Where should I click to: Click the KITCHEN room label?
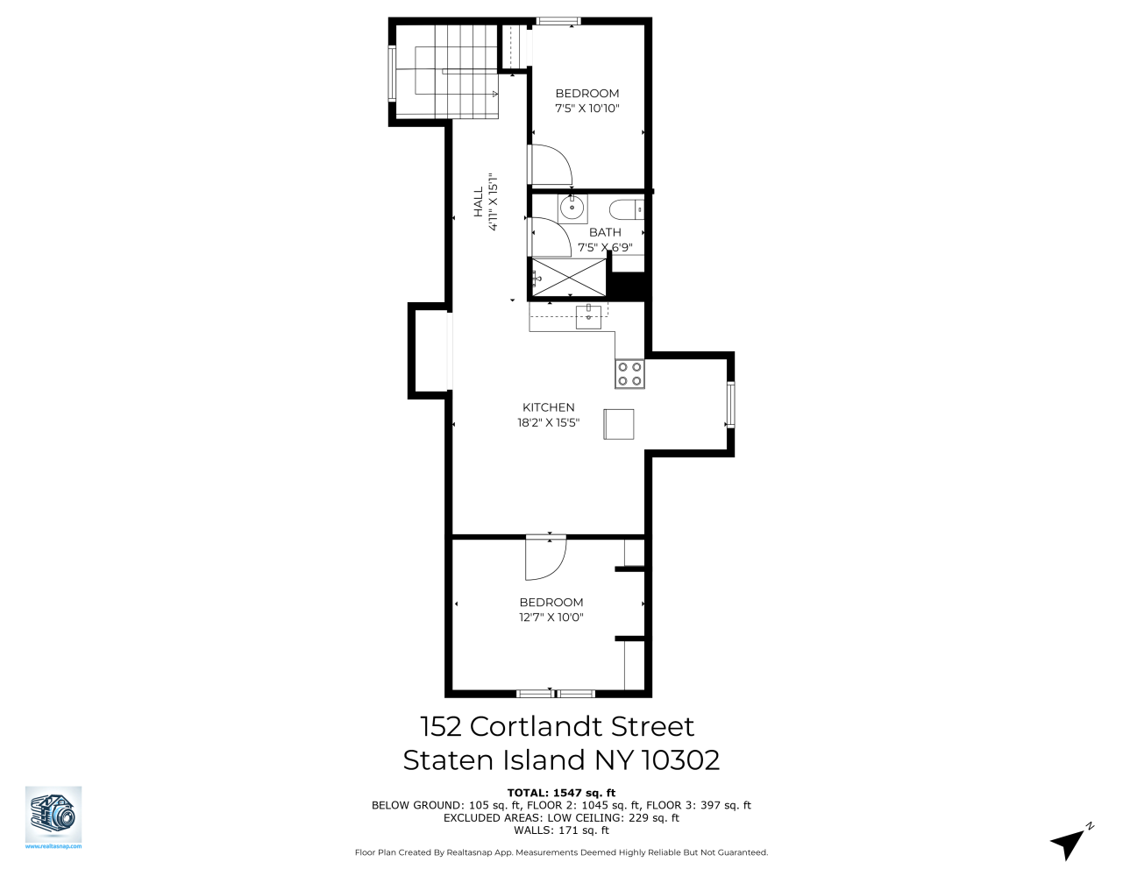pyautogui.click(x=549, y=407)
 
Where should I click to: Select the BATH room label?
pyautogui.click(x=605, y=232)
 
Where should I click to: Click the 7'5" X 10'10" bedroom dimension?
pyautogui.click(x=587, y=109)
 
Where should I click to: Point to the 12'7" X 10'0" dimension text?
pyautogui.click(x=551, y=618)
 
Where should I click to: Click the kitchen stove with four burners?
pyautogui.click(x=629, y=374)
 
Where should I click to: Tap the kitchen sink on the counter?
pyautogui.click(x=589, y=315)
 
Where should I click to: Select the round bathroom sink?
pyautogui.click(x=572, y=208)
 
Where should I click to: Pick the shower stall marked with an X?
pyautogui.click(x=568, y=278)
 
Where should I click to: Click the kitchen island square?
pyautogui.click(x=619, y=423)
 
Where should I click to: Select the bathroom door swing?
pyautogui.click(x=547, y=234)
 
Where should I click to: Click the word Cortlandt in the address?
pyautogui.click(x=537, y=726)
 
